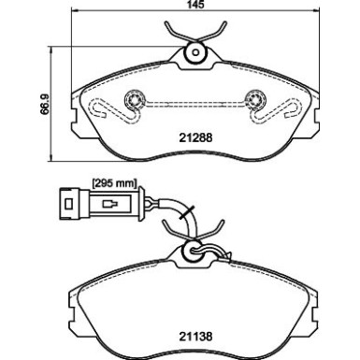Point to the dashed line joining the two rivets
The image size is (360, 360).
coord(195,99)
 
